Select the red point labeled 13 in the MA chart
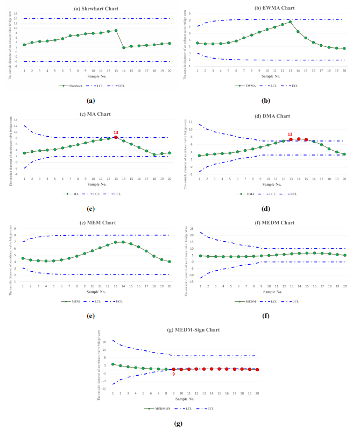(x=116, y=137)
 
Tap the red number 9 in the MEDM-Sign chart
(x=174, y=373)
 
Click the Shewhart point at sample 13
(x=116, y=30)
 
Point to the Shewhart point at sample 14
(x=124, y=47)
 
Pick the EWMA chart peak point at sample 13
(x=290, y=22)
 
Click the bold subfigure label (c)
(x=90, y=208)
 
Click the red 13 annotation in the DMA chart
(x=290, y=134)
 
